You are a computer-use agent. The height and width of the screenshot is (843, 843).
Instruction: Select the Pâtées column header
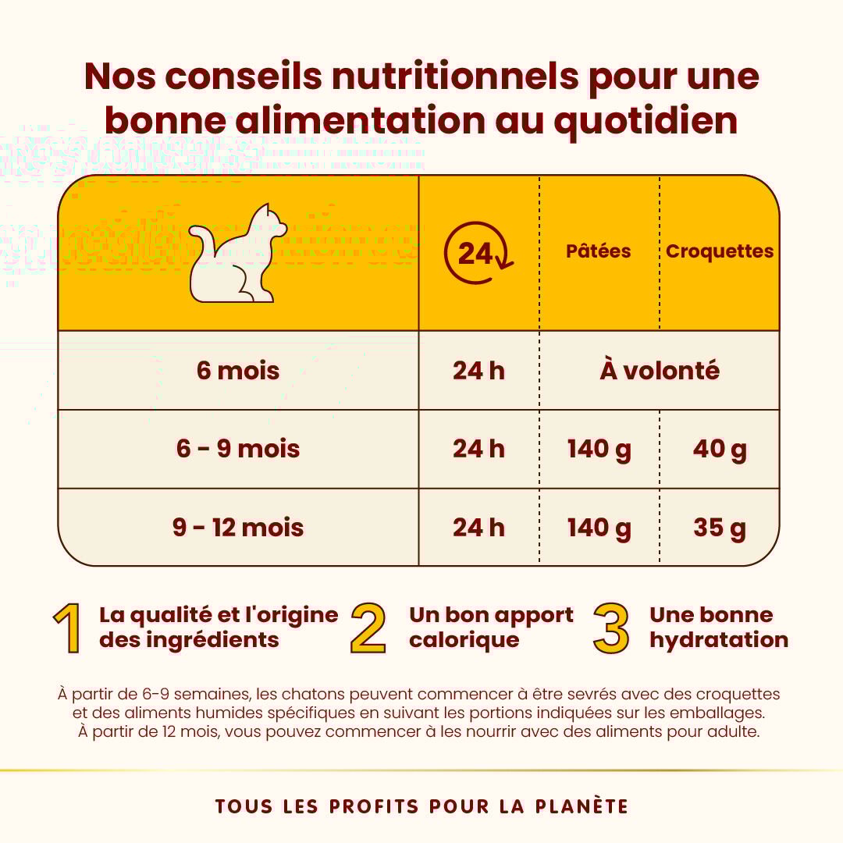[599, 251]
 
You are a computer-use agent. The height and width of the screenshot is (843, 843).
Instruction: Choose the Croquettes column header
[720, 251]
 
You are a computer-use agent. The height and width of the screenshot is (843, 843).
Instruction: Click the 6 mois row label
[238, 370]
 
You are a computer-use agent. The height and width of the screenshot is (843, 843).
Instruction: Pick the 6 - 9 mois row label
[238, 449]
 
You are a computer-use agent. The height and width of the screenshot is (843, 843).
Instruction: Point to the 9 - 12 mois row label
[238, 528]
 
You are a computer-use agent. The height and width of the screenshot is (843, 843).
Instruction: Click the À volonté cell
[660, 370]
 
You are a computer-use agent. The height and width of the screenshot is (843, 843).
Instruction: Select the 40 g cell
[720, 449]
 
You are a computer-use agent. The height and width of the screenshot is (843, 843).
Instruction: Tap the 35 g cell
[720, 528]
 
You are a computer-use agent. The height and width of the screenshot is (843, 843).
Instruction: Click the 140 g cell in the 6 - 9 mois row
[599, 449]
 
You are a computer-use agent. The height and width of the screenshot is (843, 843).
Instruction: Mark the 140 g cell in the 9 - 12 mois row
[599, 528]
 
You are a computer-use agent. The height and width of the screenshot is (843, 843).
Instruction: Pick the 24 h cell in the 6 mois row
[478, 370]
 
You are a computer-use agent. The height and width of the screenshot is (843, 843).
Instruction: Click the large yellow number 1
[69, 628]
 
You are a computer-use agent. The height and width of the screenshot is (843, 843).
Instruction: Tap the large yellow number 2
[368, 628]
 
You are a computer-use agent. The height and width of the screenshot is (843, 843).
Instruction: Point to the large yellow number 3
[611, 628]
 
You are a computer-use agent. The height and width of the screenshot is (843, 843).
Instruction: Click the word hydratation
[719, 640]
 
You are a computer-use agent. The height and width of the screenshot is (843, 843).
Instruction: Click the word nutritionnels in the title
[455, 76]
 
